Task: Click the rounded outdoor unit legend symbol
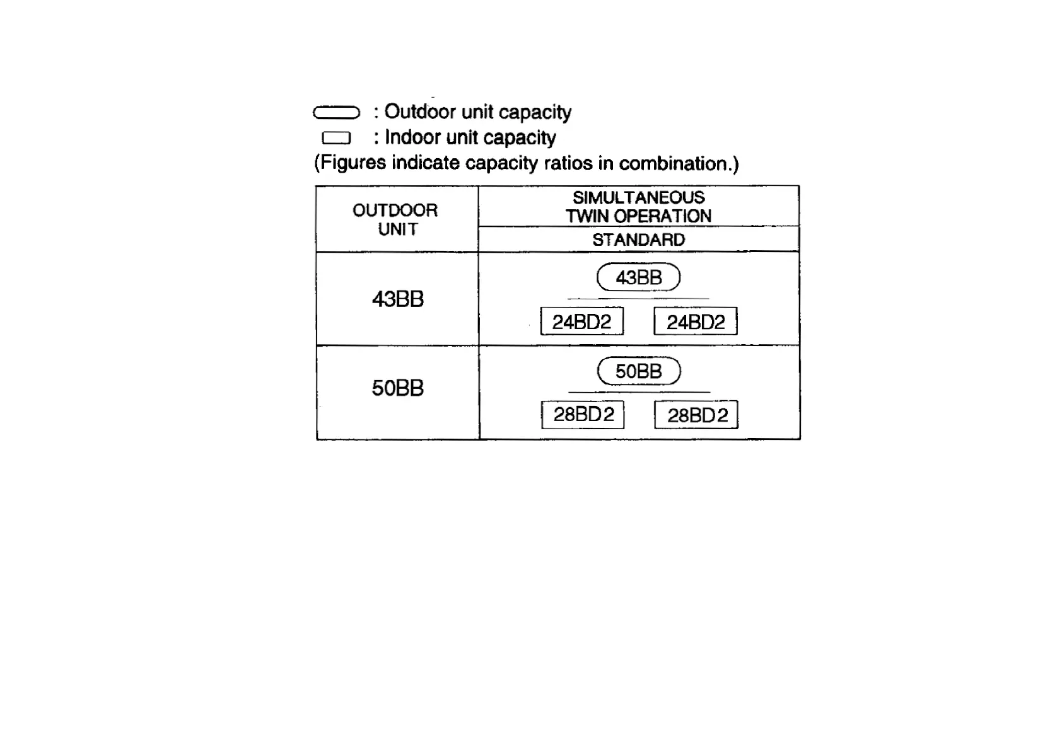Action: (x=336, y=113)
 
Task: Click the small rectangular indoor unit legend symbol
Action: (x=336, y=138)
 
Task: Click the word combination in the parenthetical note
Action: (x=675, y=163)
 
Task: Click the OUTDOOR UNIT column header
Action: (x=396, y=219)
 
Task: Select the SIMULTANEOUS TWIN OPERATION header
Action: (x=638, y=207)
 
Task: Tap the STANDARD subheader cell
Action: (x=638, y=239)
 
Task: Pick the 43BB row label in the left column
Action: (x=397, y=299)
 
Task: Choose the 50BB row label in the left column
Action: (x=397, y=388)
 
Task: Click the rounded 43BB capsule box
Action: (x=638, y=277)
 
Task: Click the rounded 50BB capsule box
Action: (x=638, y=371)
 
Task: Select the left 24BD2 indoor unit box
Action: (x=581, y=322)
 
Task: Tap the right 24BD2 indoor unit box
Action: (x=696, y=322)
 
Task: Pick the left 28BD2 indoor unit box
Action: (x=583, y=415)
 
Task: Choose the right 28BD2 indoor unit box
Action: (x=696, y=415)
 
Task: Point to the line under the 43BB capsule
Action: (x=638, y=299)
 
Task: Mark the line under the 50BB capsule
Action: (x=638, y=392)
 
